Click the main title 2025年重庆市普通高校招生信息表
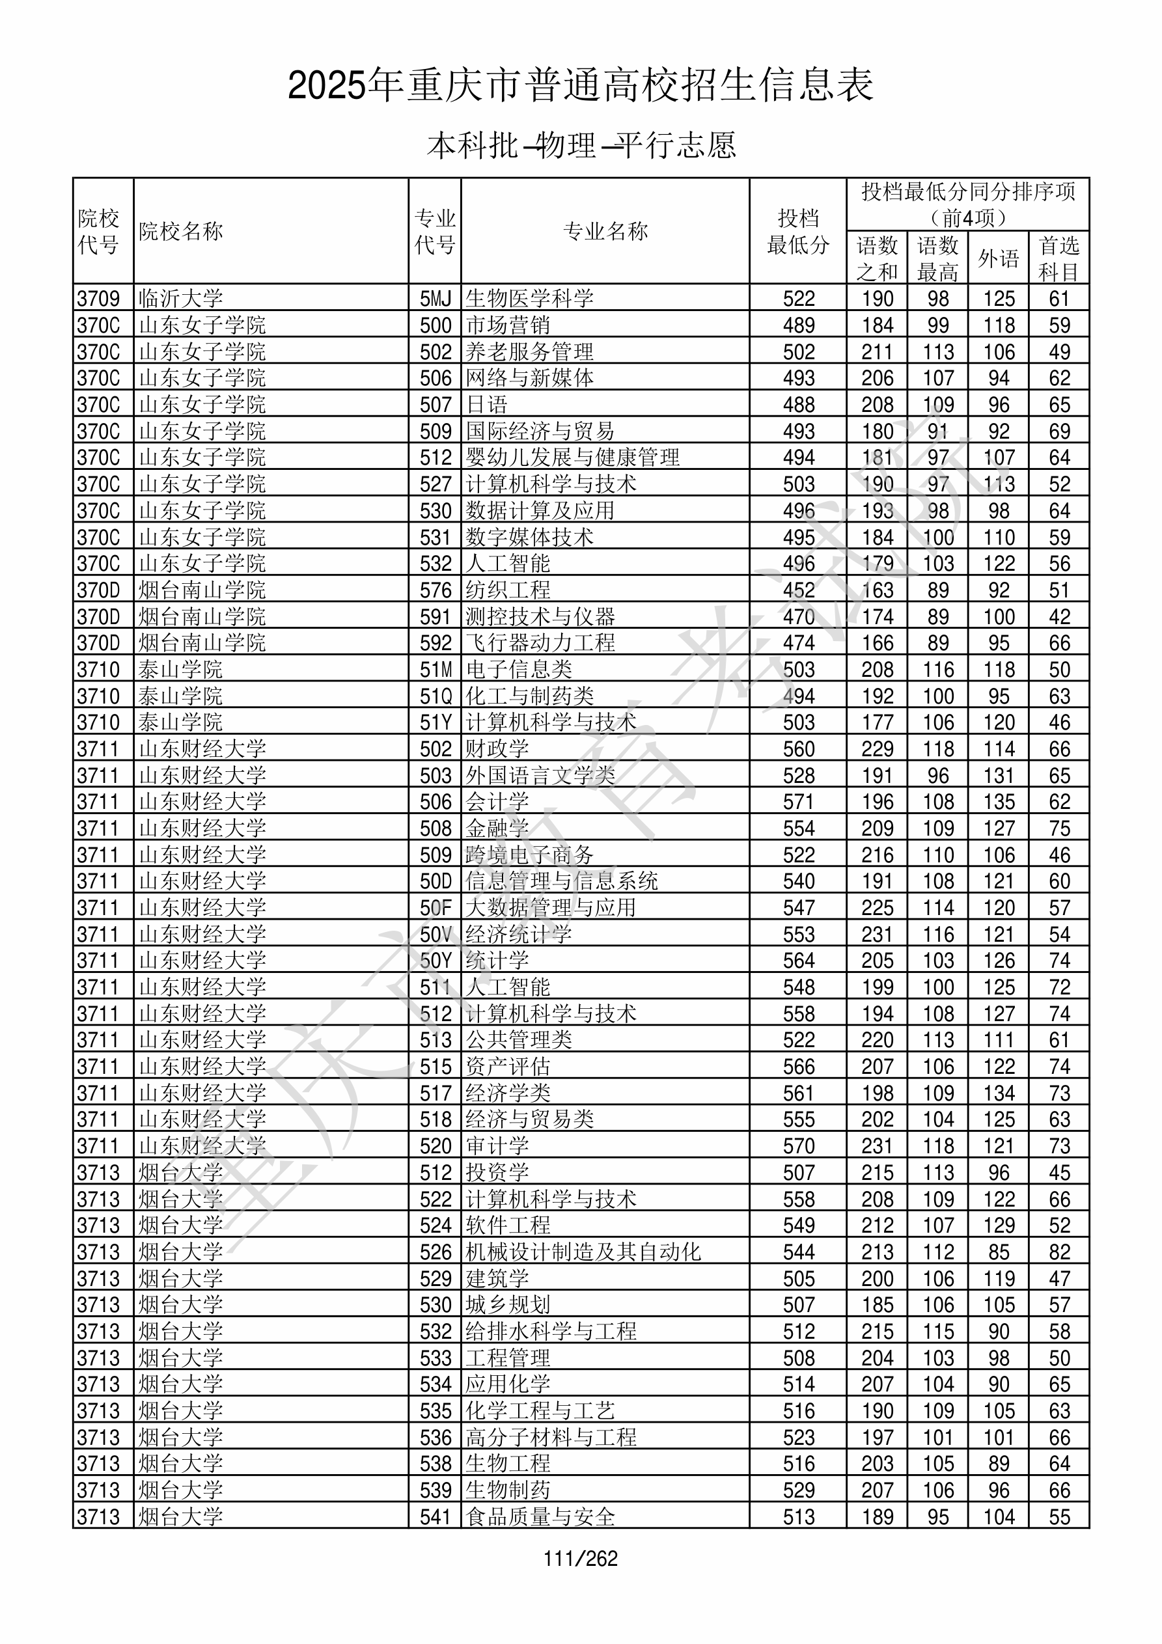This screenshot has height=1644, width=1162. tap(580, 86)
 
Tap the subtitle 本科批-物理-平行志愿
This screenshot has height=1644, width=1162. tap(580, 146)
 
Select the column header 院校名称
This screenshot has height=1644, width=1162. tap(181, 231)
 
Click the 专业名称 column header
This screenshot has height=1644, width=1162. tap(605, 231)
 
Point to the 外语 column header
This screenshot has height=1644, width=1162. tap(998, 258)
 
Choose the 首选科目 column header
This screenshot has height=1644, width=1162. tap(1059, 258)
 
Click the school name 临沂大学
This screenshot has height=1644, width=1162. tap(181, 299)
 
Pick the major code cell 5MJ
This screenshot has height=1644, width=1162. tap(436, 299)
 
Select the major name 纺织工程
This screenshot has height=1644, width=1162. tap(508, 590)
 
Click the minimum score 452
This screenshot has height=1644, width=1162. tap(799, 590)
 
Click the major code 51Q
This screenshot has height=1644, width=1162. tap(436, 696)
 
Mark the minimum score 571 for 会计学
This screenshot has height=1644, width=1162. tap(799, 802)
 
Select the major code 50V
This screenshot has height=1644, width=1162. tap(436, 935)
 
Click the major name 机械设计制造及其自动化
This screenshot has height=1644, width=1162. tap(583, 1252)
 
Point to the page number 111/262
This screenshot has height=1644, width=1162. tap(580, 1559)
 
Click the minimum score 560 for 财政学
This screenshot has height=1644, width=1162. tap(799, 749)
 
